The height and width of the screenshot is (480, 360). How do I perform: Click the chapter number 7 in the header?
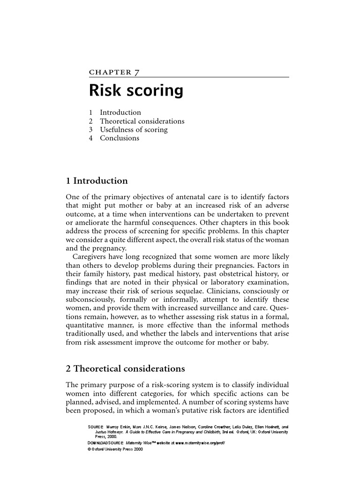pos(136,72)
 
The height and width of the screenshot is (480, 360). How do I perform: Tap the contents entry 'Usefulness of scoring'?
pos(134,129)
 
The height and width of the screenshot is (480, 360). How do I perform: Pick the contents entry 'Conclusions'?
pos(120,138)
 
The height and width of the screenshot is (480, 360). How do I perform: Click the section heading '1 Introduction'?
pos(97,181)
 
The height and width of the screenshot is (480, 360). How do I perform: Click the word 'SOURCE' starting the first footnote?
pos(97,427)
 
